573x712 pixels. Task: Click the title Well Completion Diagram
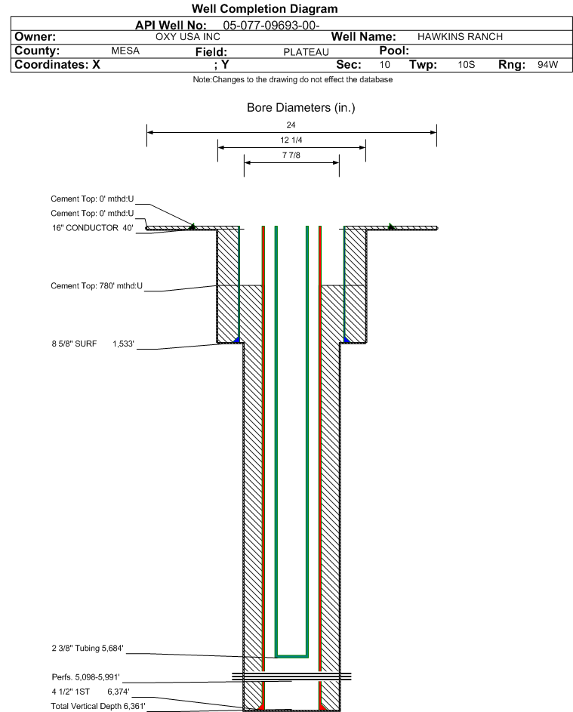tap(264, 8)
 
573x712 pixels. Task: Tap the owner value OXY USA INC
tap(187, 36)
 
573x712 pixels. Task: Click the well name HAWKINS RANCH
tap(460, 36)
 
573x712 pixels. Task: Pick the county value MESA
tap(125, 51)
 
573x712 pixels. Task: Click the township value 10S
tap(467, 65)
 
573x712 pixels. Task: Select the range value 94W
tap(547, 65)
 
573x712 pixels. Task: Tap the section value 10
tap(385, 65)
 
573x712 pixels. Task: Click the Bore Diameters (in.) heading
tap(300, 107)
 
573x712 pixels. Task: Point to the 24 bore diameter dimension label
tap(291, 125)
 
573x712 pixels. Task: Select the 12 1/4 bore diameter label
tap(291, 141)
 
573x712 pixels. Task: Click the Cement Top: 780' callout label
tap(97, 286)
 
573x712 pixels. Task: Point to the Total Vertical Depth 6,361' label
tap(97, 705)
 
